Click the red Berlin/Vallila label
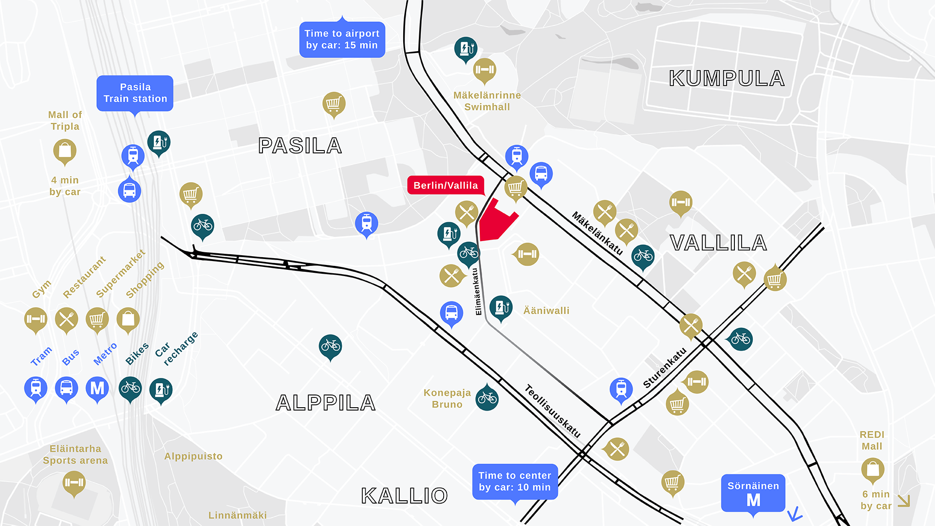446,185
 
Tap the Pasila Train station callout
135,93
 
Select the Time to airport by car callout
342,39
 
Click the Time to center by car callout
515,481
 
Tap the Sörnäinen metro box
753,493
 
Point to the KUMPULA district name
727,78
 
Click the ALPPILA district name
325,403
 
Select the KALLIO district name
404,496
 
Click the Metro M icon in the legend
97,388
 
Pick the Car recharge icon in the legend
161,389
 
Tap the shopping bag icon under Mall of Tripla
65,150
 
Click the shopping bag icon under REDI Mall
873,469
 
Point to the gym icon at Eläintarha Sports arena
74,483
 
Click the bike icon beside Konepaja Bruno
487,398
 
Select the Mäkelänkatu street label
597,233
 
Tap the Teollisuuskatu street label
553,411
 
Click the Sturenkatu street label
664,368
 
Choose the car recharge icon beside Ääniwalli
501,307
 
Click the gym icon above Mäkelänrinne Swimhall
485,70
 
